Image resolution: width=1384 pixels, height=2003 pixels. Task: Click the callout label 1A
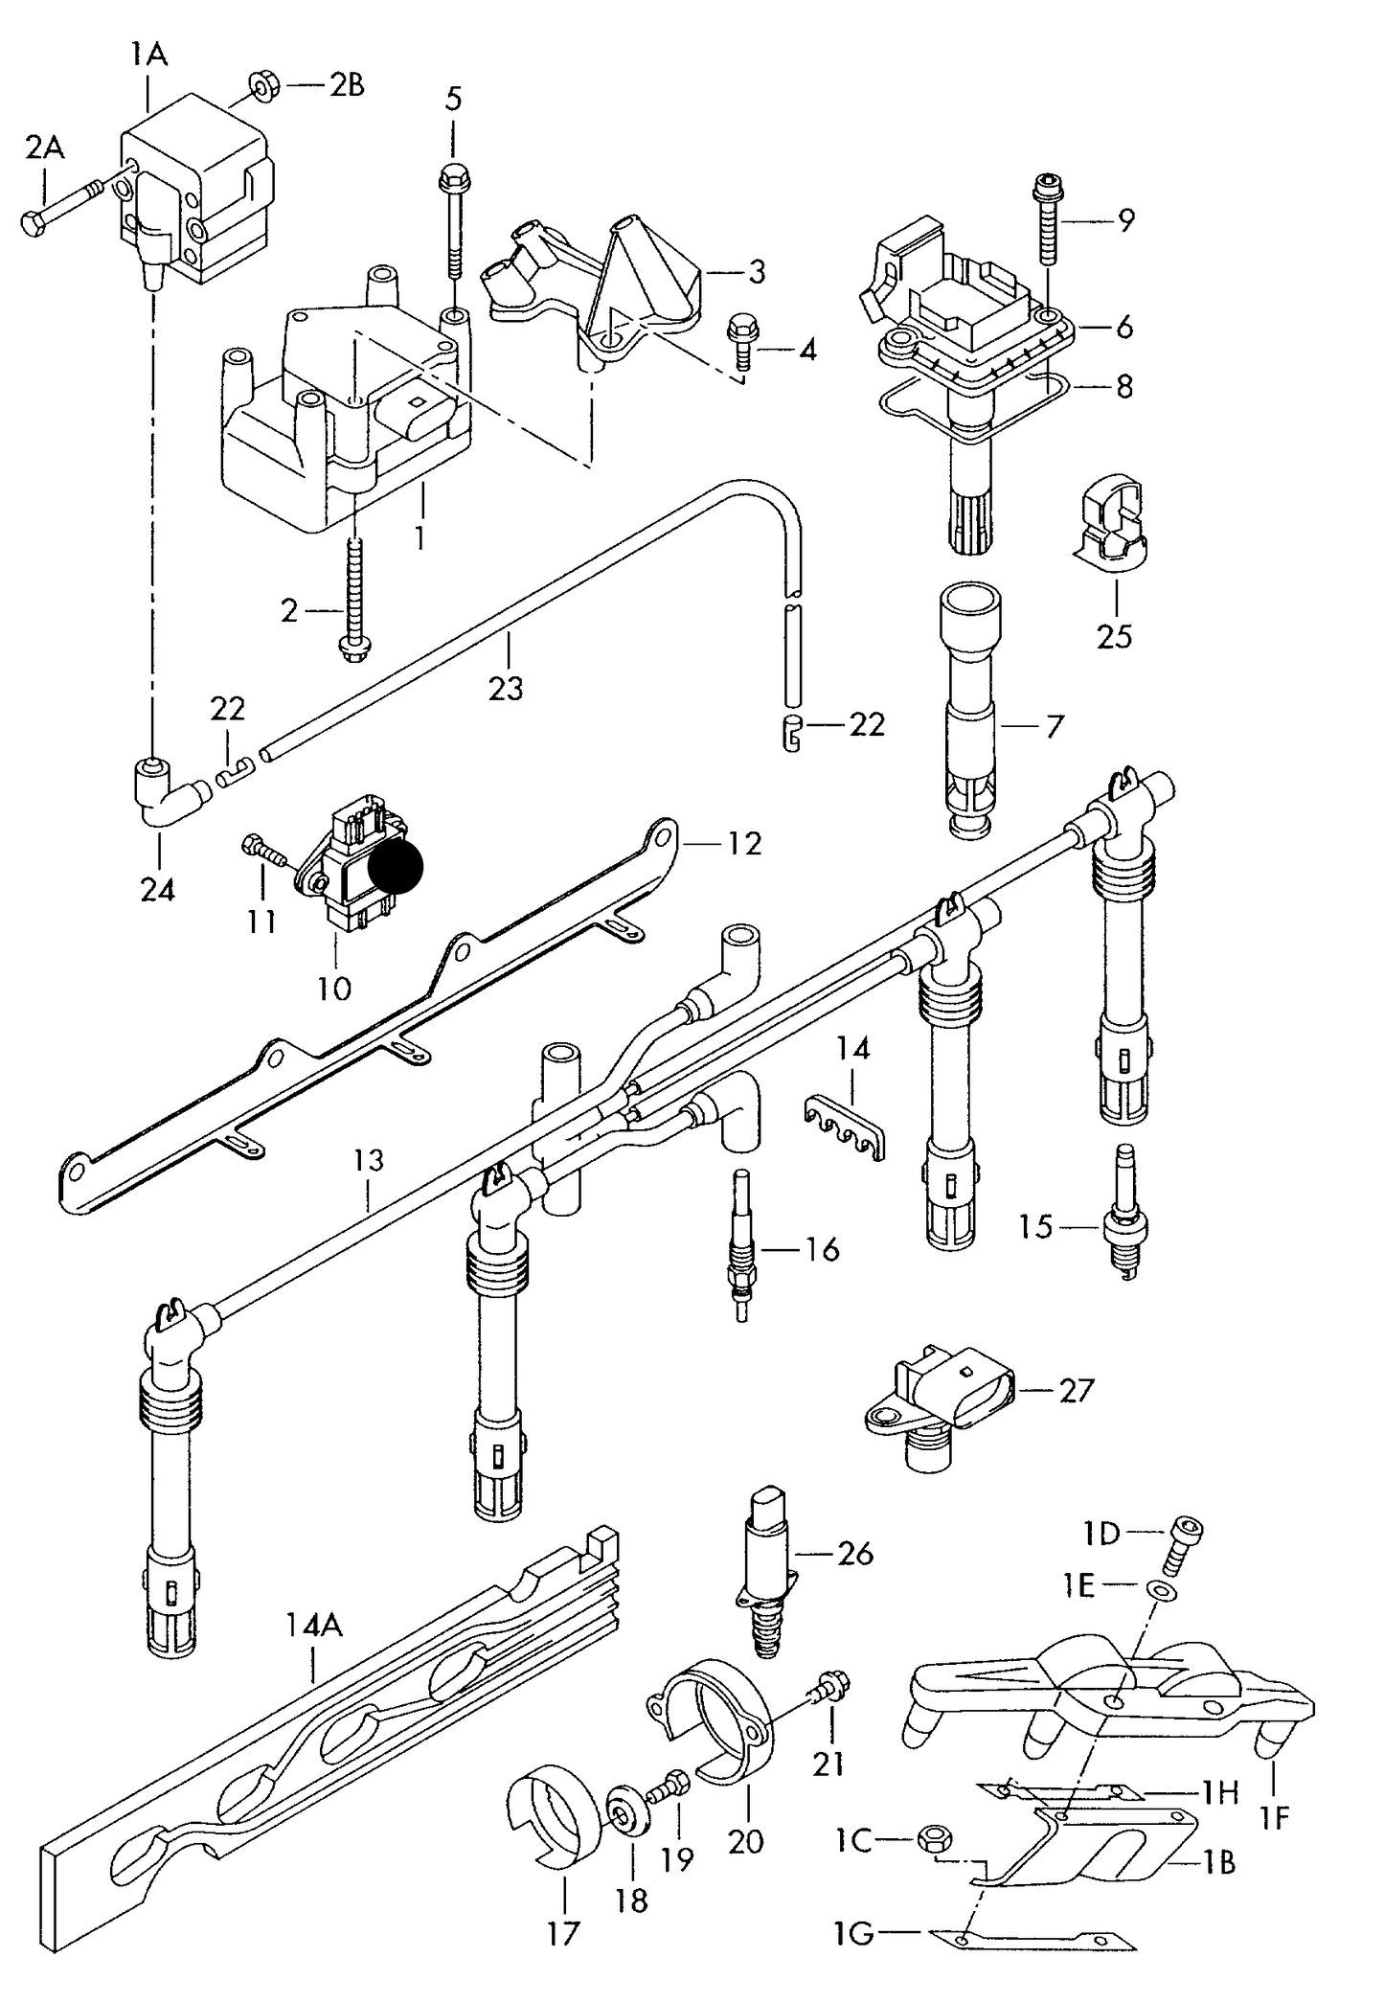[x=148, y=56]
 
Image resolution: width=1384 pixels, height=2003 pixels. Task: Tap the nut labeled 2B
[x=261, y=87]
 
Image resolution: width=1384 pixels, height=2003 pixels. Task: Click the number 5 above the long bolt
[x=453, y=98]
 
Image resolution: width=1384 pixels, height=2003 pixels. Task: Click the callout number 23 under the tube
[x=506, y=687]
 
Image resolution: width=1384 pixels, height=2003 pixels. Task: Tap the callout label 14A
[x=313, y=1625]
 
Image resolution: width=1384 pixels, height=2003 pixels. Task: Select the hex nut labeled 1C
[x=932, y=1838]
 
